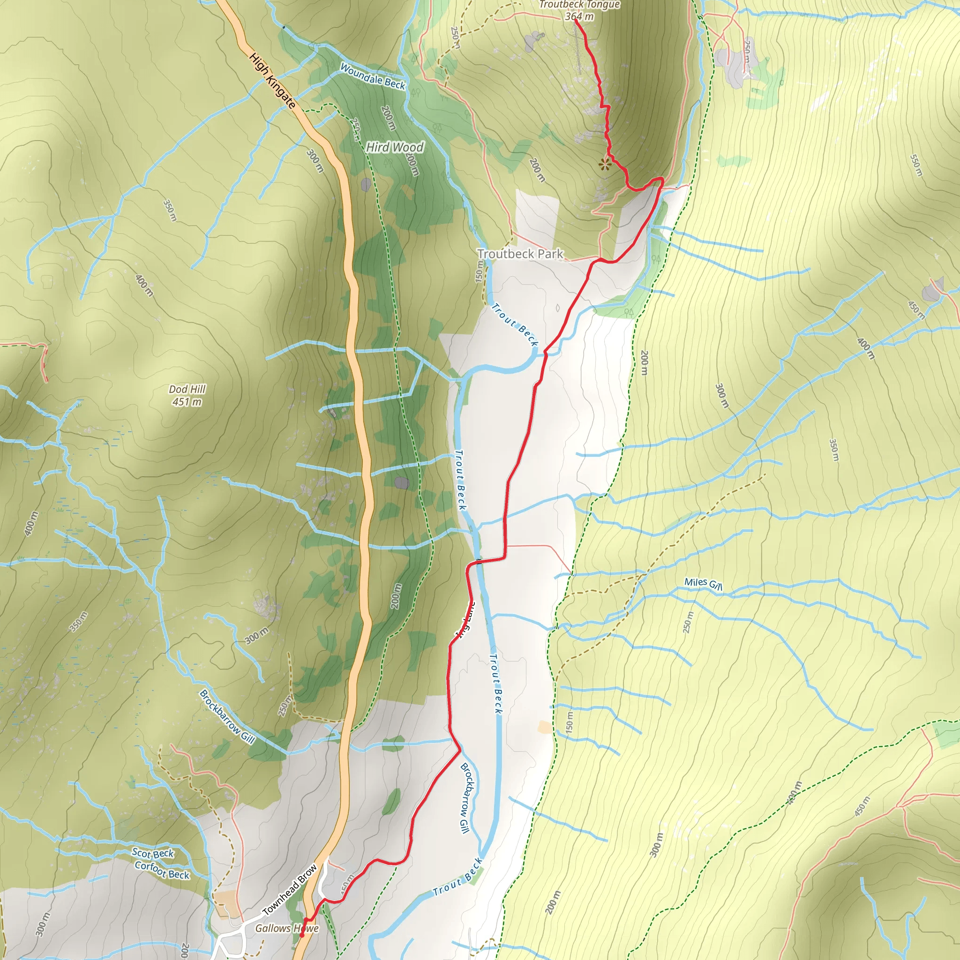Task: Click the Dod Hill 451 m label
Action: [187, 396]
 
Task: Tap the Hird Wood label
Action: [395, 147]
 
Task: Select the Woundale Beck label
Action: [372, 76]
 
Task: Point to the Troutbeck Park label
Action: [520, 254]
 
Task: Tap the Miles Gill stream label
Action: [703, 584]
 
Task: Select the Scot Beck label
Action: [152, 853]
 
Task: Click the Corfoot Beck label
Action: [162, 870]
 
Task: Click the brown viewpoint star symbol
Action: [604, 164]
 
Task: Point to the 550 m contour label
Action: [916, 165]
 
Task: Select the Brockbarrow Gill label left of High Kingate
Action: [226, 717]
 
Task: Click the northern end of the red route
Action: [576, 19]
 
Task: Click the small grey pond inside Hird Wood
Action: [366, 185]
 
